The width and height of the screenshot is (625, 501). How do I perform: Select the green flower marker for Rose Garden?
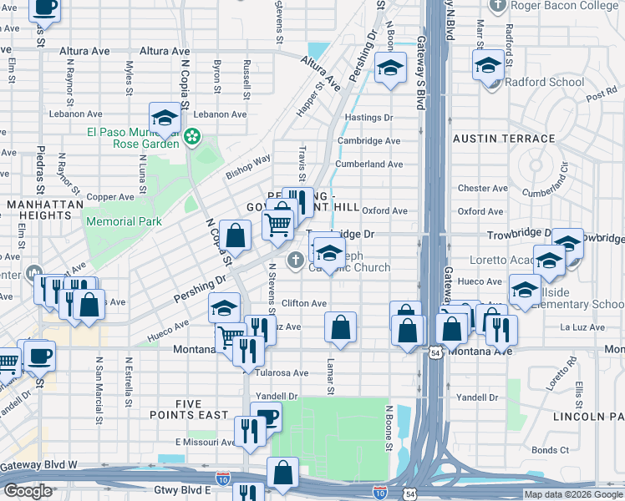(193, 134)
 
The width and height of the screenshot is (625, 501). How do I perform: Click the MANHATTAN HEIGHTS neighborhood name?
(38, 210)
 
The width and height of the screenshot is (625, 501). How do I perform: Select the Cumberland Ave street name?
(368, 164)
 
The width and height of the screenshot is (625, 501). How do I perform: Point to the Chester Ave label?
(482, 189)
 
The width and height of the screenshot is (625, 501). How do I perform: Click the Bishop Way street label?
(248, 167)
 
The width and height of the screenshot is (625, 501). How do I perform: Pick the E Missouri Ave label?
(206, 442)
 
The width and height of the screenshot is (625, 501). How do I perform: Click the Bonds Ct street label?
(550, 450)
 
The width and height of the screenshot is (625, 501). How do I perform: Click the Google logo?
(28, 491)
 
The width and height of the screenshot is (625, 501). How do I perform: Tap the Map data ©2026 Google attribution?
(572, 494)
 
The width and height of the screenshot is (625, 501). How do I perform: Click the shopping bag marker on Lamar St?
(340, 328)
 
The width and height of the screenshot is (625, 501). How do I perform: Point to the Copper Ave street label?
(110, 197)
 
